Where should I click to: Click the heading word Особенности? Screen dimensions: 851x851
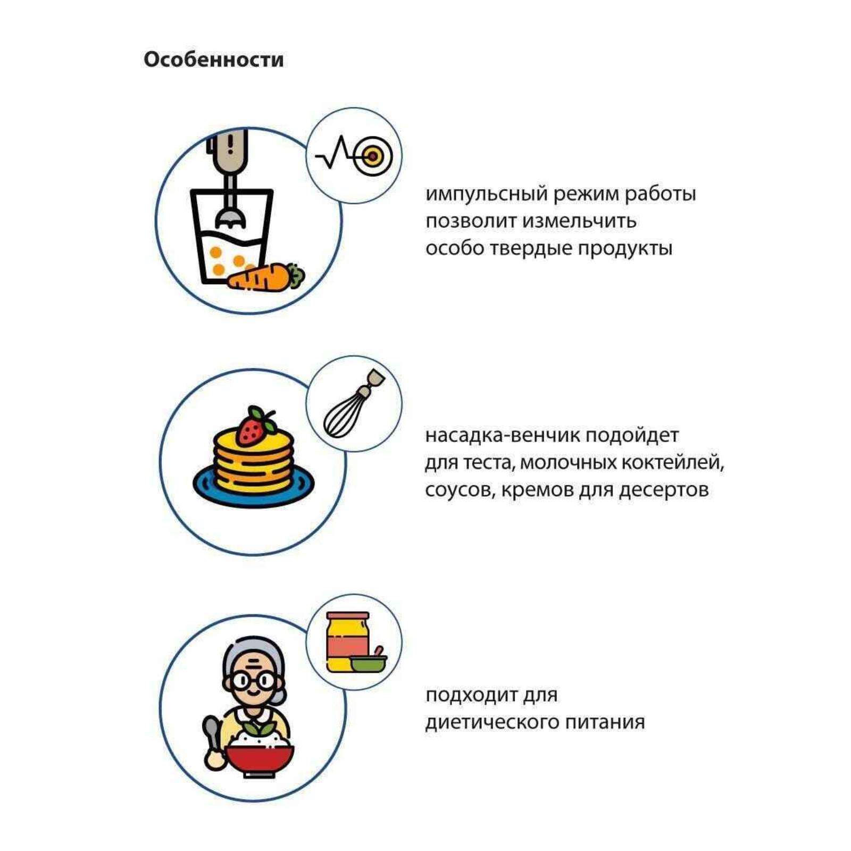[x=213, y=60]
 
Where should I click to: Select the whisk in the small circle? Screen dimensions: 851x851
[x=353, y=404]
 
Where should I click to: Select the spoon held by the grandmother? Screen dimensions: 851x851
[x=212, y=742]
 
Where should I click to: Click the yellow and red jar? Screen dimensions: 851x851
[x=347, y=641]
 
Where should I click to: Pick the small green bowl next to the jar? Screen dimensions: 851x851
[x=368, y=662]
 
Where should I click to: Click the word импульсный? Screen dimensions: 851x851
[x=487, y=194]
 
